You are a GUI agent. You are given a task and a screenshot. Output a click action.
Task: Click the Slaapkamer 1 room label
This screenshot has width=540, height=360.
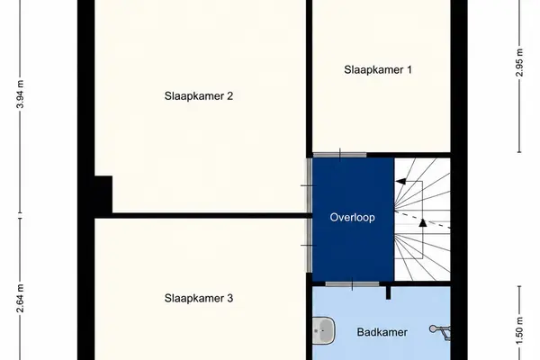point(378,69)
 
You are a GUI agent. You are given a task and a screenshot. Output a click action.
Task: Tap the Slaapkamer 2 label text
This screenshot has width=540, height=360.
point(199,95)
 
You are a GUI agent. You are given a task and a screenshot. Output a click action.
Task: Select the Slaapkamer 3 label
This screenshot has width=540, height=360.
point(199,298)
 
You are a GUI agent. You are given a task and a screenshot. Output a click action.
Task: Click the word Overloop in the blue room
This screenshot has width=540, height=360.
point(352,218)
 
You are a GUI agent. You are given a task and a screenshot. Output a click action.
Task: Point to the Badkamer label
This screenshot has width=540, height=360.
point(382,332)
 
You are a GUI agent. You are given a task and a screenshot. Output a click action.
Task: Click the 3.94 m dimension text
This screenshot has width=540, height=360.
point(21,94)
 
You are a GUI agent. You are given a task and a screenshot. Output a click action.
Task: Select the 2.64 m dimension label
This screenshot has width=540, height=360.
point(21,298)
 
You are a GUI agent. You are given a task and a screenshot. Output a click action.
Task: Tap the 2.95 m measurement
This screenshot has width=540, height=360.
point(519,63)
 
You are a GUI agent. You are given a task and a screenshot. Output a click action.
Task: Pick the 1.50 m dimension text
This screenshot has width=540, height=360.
point(519,330)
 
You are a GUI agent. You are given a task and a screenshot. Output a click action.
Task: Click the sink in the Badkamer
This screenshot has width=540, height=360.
point(324,330)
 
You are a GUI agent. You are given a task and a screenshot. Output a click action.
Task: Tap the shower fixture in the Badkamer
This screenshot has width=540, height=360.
point(440,332)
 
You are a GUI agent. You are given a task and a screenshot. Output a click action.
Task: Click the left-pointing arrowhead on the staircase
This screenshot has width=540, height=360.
point(400,182)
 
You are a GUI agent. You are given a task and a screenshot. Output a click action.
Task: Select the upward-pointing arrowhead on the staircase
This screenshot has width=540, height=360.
point(423,222)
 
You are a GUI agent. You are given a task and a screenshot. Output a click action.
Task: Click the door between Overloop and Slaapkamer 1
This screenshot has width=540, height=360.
point(339,155)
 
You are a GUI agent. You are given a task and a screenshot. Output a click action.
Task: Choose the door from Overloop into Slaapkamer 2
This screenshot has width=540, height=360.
point(310,185)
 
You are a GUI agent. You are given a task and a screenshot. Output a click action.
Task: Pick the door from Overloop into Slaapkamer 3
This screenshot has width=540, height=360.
point(310,246)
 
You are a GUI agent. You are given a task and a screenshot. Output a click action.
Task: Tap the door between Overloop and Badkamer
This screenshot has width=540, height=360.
point(352,284)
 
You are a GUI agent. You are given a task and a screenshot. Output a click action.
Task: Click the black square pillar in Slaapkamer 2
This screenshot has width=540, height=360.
point(103,194)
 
